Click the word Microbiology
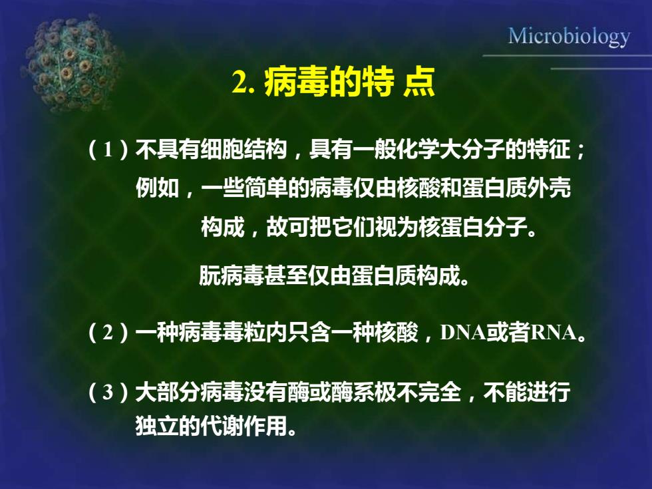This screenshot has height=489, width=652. tap(570, 37)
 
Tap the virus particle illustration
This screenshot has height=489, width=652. tap(73, 63)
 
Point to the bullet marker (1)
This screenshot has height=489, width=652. tap(108, 149)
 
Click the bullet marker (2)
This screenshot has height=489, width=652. tap(108, 332)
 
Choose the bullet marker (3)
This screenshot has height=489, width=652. tap(108, 392)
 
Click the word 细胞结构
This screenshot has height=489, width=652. tap(244, 149)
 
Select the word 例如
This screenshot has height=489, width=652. tap(157, 188)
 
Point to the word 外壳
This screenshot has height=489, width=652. tap(549, 188)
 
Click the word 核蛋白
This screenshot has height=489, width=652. tap(451, 228)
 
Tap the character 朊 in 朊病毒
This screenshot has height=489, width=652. tap(210, 275)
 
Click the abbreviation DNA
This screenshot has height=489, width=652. tap(463, 333)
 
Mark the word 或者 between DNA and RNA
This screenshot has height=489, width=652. tap(508, 332)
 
